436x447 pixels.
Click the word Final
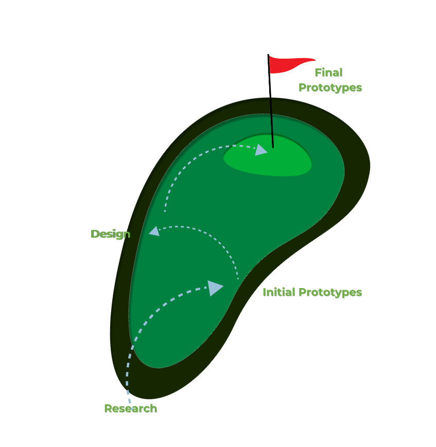[328, 73]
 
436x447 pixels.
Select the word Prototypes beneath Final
[330, 87]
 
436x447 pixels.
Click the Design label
[110, 234]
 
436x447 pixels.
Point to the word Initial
[279, 292]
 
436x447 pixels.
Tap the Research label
[130, 408]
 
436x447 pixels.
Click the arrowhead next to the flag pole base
[261, 150]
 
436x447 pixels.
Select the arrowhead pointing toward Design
[154, 231]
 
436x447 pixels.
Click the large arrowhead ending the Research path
[216, 288]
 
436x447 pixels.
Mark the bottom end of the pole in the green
[273, 147]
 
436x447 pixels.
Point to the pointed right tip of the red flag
[315, 60]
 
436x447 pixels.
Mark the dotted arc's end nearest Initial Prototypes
[238, 278]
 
